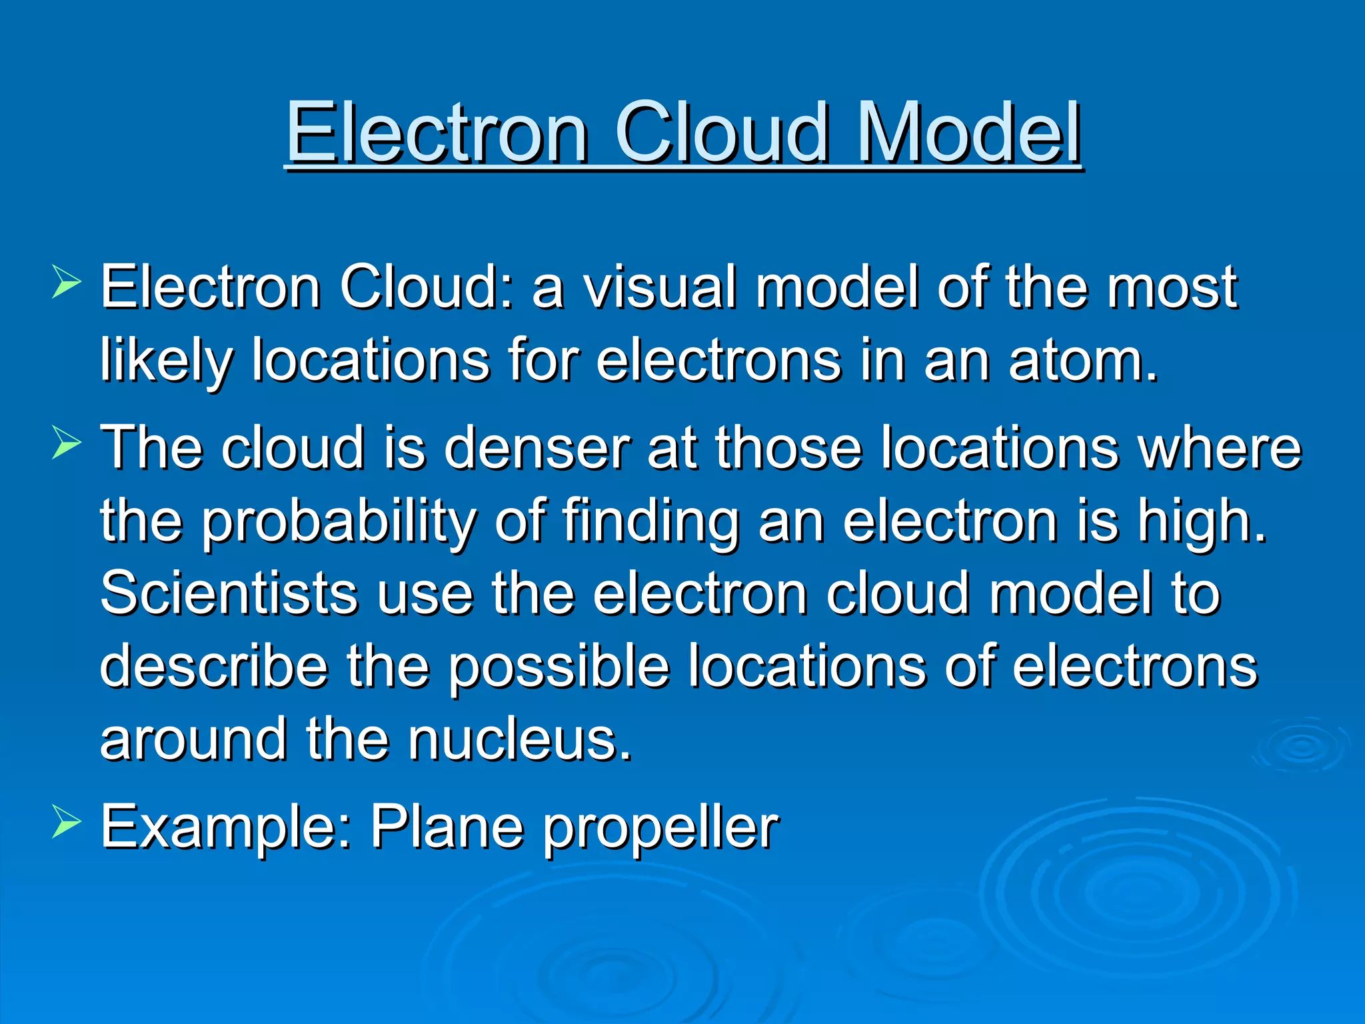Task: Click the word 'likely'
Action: pyautogui.click(x=167, y=361)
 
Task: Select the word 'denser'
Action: pyautogui.click(x=537, y=447)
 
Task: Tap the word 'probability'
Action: pyautogui.click(x=340, y=521)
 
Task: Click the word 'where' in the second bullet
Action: pyautogui.click(x=1219, y=447)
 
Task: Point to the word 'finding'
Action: pyautogui.click(x=651, y=521)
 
